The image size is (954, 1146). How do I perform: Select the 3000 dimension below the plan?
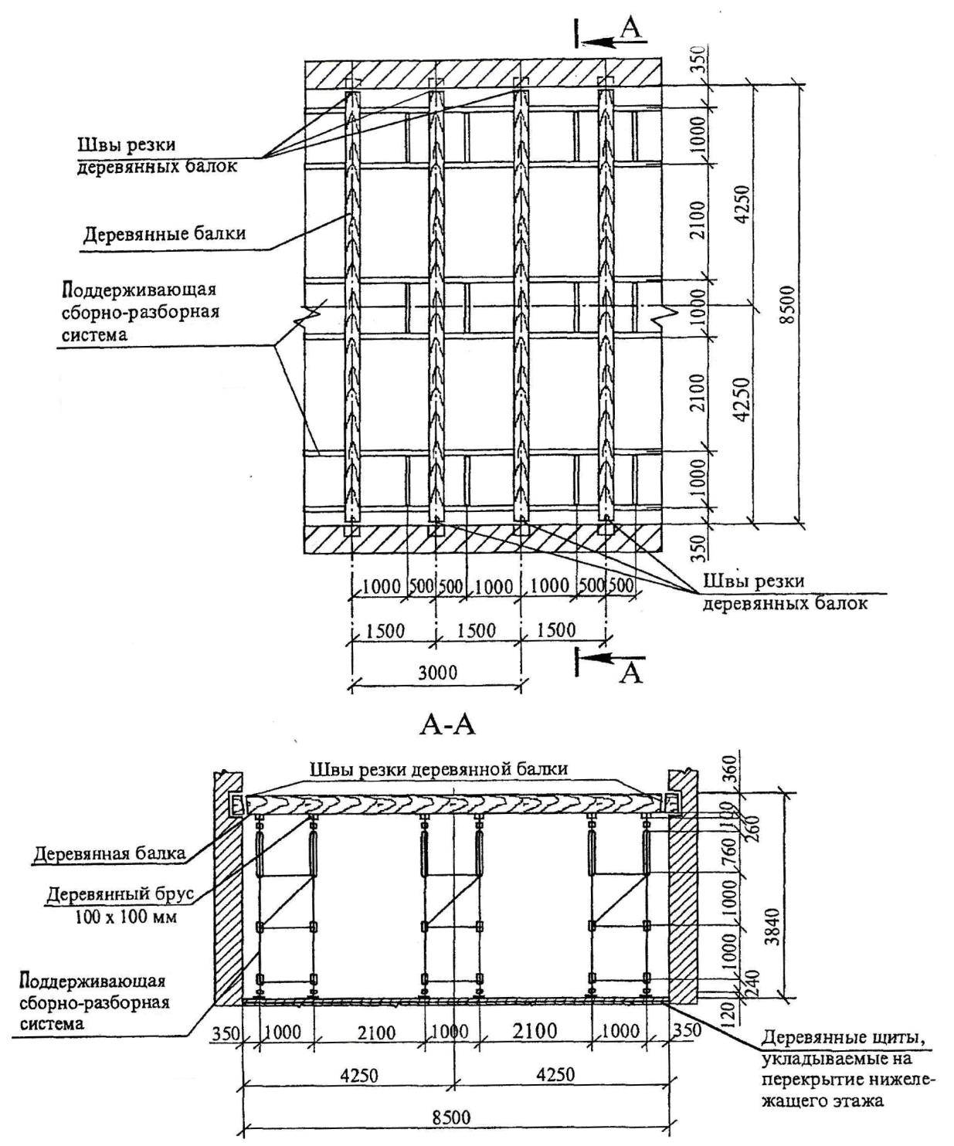coord(437,671)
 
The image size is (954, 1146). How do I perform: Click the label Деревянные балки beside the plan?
coord(164,233)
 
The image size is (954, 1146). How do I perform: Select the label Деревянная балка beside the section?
coord(109,853)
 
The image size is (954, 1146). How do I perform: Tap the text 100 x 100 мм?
coord(127,917)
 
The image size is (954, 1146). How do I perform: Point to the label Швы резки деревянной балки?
coord(439,769)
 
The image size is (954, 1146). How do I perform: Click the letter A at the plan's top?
coord(632,28)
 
